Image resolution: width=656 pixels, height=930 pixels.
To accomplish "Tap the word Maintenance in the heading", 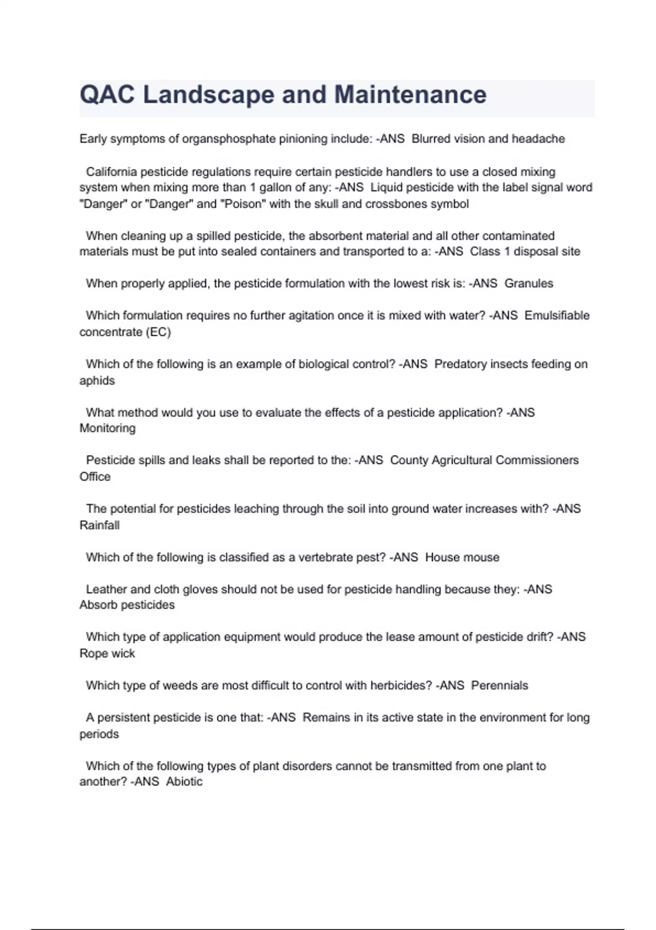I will pyautogui.click(x=410, y=95).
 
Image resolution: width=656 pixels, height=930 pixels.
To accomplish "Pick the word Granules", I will pyautogui.click(x=529, y=283).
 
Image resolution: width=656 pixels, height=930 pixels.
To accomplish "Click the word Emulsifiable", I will pyautogui.click(x=557, y=316).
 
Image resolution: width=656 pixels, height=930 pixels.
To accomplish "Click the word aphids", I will pyautogui.click(x=97, y=381).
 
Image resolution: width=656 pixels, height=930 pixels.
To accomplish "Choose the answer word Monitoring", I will pyautogui.click(x=108, y=428).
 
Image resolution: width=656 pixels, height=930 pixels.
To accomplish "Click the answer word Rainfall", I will pyautogui.click(x=99, y=525).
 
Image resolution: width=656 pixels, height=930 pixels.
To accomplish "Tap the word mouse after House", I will pyautogui.click(x=481, y=557).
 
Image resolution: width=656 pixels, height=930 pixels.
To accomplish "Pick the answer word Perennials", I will pyautogui.click(x=500, y=685).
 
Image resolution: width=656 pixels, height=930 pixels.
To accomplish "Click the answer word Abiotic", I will pyautogui.click(x=184, y=782).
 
